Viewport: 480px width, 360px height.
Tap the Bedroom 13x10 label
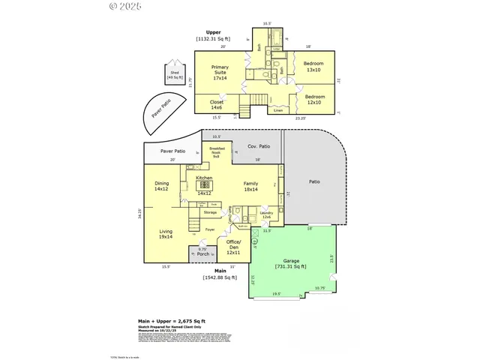pos(313,67)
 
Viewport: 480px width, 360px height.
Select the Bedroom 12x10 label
pos(315,100)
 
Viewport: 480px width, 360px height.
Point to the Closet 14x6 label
pos(217,105)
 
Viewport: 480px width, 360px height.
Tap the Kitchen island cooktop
pos(204,184)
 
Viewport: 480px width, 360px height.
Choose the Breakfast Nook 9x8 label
pos(216,152)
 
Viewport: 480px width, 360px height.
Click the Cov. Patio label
pos(259,146)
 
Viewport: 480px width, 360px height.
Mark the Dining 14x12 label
pos(161,186)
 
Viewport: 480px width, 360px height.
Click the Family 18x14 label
pos(250,186)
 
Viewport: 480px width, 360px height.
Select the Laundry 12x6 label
pos(266,214)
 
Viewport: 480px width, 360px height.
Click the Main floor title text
pos(220,271)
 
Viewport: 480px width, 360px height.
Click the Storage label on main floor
pos(210,212)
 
